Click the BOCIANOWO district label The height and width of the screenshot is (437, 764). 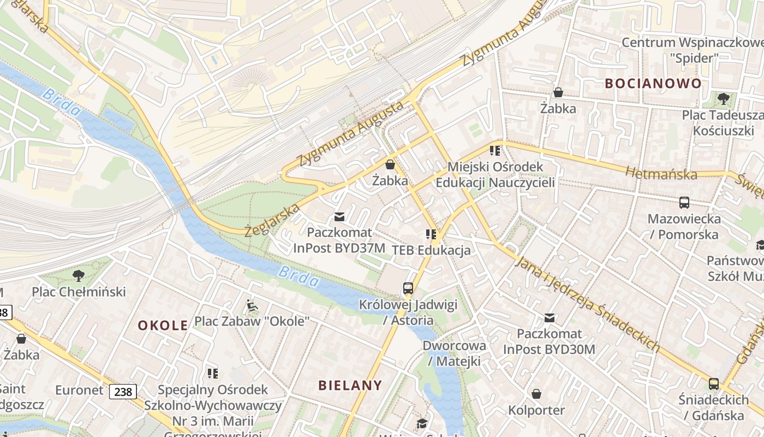point(653,84)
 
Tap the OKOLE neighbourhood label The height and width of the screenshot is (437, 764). point(163,326)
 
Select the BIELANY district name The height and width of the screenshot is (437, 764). point(350,385)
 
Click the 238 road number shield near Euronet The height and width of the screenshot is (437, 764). point(123,391)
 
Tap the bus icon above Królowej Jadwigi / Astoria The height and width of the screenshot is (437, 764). point(408,288)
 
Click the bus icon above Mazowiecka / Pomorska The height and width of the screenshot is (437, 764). point(684,203)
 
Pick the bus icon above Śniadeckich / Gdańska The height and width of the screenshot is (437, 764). point(714,384)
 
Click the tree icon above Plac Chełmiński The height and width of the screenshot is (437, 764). point(79,275)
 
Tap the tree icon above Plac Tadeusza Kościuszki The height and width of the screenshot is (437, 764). point(724,99)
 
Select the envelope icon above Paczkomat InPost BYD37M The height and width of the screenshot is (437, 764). point(339,217)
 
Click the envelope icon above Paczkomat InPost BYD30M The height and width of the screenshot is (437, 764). point(550,317)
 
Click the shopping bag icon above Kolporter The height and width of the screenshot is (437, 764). point(536,394)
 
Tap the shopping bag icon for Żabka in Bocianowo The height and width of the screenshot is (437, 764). point(558,92)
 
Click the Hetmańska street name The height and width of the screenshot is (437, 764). point(661,174)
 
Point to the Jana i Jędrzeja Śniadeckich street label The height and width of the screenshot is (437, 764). point(588,304)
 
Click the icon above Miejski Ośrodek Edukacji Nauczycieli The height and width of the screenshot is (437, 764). point(495,150)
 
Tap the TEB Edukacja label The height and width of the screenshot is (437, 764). point(431,251)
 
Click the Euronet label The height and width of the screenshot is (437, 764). point(79,390)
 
